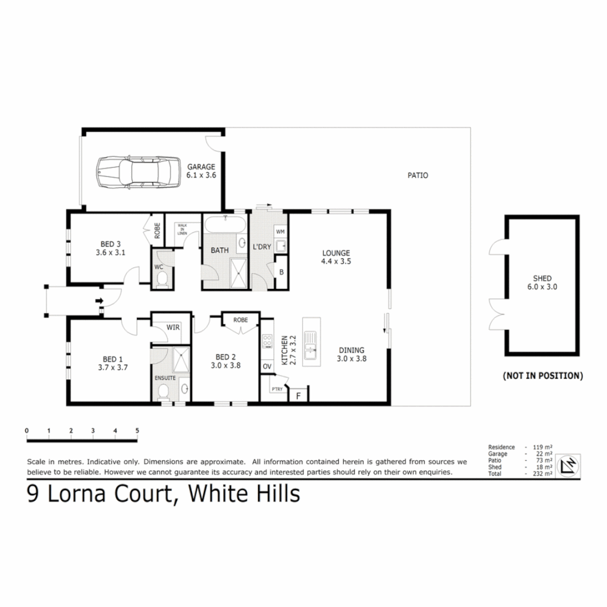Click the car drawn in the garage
click(134, 171)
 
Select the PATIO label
click(418, 175)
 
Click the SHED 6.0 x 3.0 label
click(542, 282)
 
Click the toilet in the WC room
click(162, 278)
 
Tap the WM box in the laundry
click(280, 232)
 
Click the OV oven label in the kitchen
click(267, 366)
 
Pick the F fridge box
click(298, 395)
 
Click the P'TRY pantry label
click(276, 389)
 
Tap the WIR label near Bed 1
click(173, 327)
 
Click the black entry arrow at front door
click(99, 301)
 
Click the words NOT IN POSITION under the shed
click(542, 375)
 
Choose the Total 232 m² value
click(543, 474)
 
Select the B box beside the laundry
click(281, 272)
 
